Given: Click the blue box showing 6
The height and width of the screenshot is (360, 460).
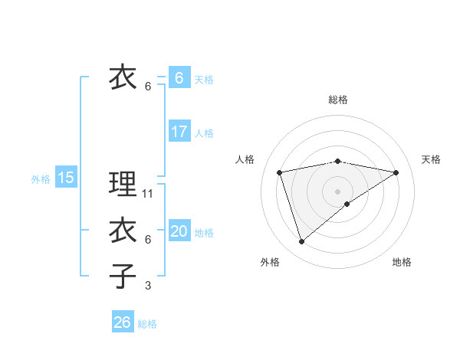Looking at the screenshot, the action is (x=179, y=78).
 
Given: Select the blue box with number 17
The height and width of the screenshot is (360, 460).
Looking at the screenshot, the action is (x=179, y=132).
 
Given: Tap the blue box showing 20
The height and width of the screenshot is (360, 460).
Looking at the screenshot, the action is (x=179, y=231).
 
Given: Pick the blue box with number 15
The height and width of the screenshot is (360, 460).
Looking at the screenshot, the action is (x=66, y=178).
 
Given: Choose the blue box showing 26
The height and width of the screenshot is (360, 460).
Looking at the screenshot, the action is (x=122, y=322).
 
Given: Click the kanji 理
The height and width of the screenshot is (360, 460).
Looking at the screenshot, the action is (x=123, y=185).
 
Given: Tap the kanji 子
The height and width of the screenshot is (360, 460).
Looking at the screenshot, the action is (x=123, y=276).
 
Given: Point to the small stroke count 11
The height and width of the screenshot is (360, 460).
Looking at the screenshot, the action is (x=149, y=194).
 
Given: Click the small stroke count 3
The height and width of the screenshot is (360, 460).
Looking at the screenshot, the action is (x=148, y=286).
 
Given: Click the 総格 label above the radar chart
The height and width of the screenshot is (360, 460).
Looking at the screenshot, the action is (x=337, y=100).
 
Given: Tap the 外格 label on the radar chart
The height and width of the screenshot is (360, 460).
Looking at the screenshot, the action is (x=270, y=262).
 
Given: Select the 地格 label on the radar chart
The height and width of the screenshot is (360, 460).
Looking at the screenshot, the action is (x=402, y=262).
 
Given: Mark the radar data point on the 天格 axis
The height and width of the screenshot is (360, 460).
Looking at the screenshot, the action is (x=396, y=172).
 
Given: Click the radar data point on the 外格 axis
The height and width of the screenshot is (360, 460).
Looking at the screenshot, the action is (x=301, y=241).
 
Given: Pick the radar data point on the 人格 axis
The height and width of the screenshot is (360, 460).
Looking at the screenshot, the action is (x=280, y=172).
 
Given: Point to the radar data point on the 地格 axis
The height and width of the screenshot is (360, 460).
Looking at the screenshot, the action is (x=347, y=204).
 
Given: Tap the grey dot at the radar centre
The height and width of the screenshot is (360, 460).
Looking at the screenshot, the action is (x=337, y=191).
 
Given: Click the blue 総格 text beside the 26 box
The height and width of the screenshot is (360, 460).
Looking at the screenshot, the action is (x=147, y=324).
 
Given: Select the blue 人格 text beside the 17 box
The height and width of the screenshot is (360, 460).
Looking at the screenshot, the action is (x=204, y=133).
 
